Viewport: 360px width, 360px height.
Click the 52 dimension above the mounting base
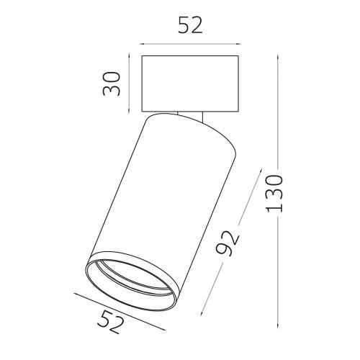point(190,26)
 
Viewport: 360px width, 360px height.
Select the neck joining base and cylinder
point(192,113)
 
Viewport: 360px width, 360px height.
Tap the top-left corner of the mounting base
point(143,55)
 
